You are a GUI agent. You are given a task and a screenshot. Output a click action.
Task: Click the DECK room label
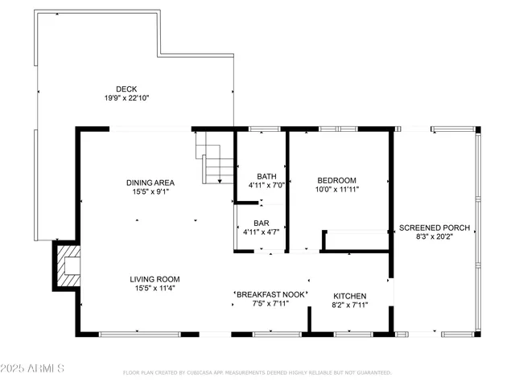[x=126, y=88]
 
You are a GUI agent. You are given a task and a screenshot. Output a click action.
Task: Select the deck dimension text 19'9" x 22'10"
[x=126, y=97]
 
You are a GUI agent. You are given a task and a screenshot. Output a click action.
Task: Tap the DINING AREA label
[x=150, y=183]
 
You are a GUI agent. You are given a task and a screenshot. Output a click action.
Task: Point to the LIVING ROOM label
[x=152, y=280]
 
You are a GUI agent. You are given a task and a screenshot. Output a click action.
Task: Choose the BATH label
[x=266, y=177]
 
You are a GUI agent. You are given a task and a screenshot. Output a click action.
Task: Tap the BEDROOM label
[x=336, y=180]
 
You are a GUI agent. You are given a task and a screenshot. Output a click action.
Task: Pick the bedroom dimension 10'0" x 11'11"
[x=336, y=190]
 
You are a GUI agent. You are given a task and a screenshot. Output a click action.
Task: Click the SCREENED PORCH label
[x=435, y=228]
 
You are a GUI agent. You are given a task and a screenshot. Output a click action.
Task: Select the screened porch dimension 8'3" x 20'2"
[x=435, y=237]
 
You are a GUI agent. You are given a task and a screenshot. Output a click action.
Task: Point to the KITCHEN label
[x=350, y=296]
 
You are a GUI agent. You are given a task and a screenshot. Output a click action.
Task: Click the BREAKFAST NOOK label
[x=270, y=294]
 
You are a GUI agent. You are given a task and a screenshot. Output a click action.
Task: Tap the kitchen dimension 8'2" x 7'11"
[x=350, y=306]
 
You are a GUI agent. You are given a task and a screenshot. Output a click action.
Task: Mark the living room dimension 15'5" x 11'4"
[x=152, y=289]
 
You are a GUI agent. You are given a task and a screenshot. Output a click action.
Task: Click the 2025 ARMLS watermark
[x=34, y=368]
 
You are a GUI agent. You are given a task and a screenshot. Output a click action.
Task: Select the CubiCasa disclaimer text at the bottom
[x=257, y=373]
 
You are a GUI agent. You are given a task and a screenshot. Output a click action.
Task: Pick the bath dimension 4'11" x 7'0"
[x=266, y=187]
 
